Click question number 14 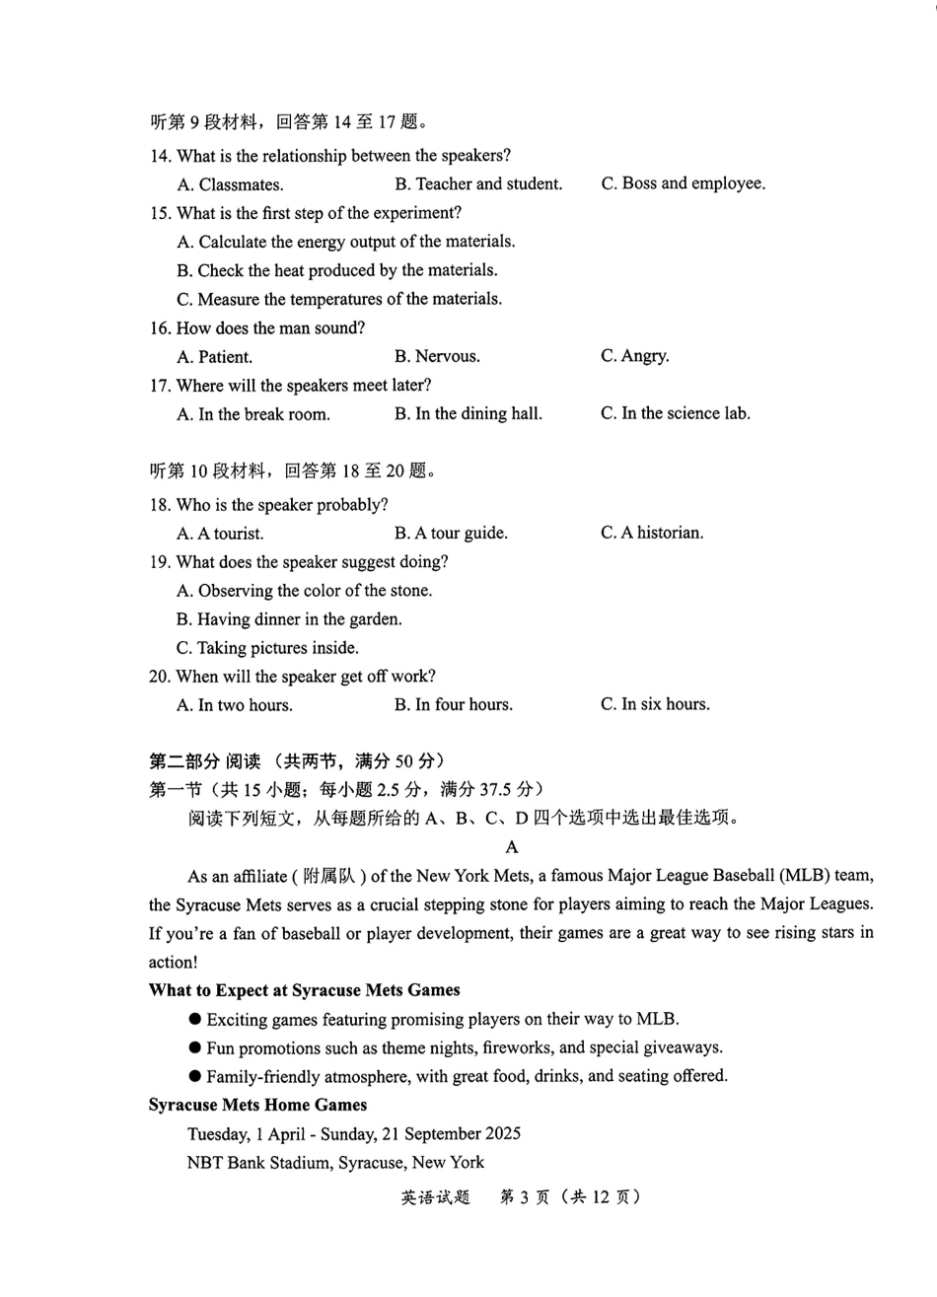(x=160, y=156)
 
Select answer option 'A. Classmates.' (x=230, y=184)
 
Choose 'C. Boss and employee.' (x=683, y=183)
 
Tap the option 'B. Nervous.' (x=437, y=356)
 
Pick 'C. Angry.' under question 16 (x=634, y=356)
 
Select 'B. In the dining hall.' (x=468, y=414)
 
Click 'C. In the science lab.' (x=675, y=413)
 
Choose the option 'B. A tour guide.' (x=451, y=534)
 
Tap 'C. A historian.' (x=652, y=533)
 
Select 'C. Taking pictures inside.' (x=267, y=648)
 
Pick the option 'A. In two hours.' (x=235, y=705)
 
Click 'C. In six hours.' (x=655, y=704)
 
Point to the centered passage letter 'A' (x=511, y=846)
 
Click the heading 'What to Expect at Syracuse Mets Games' (x=304, y=990)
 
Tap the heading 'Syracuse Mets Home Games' (x=257, y=1105)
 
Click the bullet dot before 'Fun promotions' (x=195, y=1047)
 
